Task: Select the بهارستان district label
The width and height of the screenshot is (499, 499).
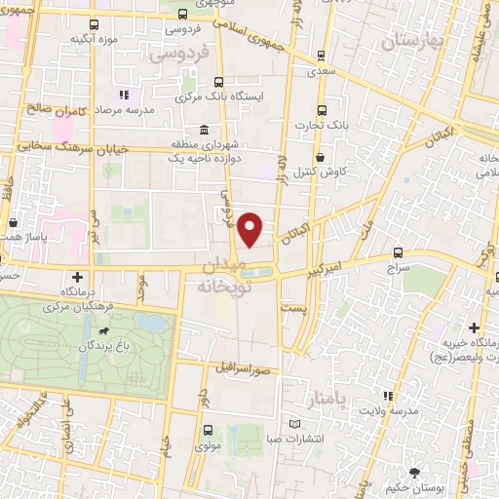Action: [x=412, y=41]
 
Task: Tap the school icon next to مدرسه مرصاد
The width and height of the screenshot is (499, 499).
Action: [x=124, y=96]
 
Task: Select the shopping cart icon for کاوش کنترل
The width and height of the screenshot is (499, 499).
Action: [x=319, y=157]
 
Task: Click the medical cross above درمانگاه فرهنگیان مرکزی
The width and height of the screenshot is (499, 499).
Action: [x=76, y=278]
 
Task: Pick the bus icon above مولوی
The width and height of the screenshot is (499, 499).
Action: [x=207, y=429]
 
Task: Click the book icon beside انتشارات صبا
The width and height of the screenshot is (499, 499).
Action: [x=294, y=424]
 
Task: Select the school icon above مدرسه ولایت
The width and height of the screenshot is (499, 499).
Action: [x=388, y=396]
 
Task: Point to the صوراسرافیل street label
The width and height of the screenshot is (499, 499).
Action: [x=244, y=370]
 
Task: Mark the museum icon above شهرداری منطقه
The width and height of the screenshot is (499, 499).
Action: [x=203, y=130]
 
